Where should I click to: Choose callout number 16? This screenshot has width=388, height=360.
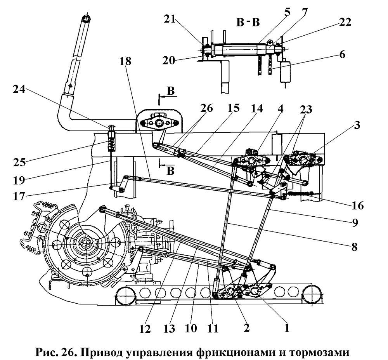point(357,205)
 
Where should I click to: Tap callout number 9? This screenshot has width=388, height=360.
point(360,223)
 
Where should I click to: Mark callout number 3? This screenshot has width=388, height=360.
point(356,125)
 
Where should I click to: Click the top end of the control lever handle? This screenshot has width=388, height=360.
point(86,18)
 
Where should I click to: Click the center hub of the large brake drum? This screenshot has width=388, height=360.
point(86,244)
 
